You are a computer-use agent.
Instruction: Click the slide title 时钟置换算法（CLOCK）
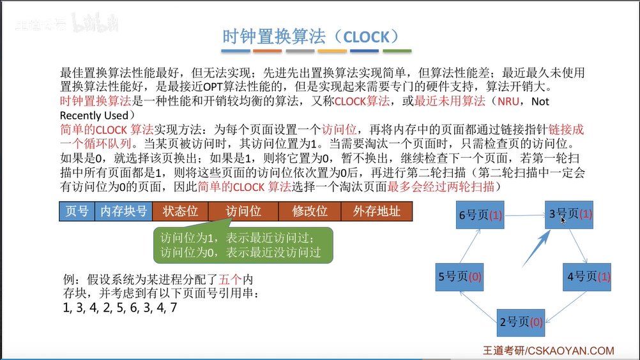[311, 36]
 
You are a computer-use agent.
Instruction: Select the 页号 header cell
[77, 211]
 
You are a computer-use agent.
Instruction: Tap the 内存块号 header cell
[123, 211]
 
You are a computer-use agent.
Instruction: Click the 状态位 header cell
[180, 211]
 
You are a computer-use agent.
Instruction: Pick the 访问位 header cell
[243, 211]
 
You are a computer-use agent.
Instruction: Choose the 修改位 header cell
[309, 211]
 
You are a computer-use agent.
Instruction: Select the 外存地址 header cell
[376, 211]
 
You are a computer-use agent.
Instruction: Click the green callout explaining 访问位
[243, 244]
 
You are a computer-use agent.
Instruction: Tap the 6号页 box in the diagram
[480, 215]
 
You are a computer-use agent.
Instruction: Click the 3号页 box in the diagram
[569, 215]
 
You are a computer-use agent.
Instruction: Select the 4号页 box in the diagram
[587, 277]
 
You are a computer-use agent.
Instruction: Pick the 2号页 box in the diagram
[521, 322]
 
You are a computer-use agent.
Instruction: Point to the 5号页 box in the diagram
[460, 277]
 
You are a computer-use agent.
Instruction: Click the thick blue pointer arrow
[536, 248]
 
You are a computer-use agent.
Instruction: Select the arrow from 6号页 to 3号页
[524, 215]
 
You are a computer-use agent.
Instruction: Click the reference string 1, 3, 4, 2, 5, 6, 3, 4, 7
[120, 308]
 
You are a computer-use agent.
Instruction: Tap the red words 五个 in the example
[230, 280]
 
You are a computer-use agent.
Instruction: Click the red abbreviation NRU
[508, 101]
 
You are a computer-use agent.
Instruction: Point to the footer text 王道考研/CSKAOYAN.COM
[549, 350]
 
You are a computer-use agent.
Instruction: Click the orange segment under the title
[268, 51]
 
